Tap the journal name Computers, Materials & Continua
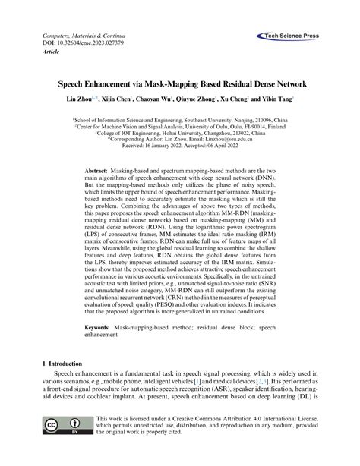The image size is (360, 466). point(80,36)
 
